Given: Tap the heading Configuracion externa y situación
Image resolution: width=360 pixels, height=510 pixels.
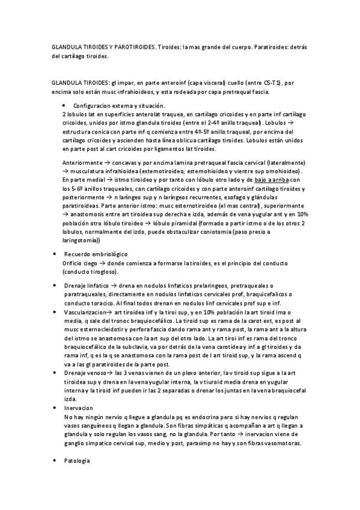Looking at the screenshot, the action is [x=114, y=105].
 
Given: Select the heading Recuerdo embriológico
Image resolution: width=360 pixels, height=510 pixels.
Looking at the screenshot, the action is [x=95, y=254].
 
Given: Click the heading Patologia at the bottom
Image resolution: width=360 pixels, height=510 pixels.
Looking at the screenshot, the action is [x=77, y=461].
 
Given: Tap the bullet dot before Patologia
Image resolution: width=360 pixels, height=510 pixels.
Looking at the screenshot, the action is [x=55, y=461].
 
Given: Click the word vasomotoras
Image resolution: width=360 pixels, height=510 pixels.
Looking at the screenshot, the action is [x=289, y=444].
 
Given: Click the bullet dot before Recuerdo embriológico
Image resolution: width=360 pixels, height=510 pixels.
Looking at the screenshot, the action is [x=55, y=254].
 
